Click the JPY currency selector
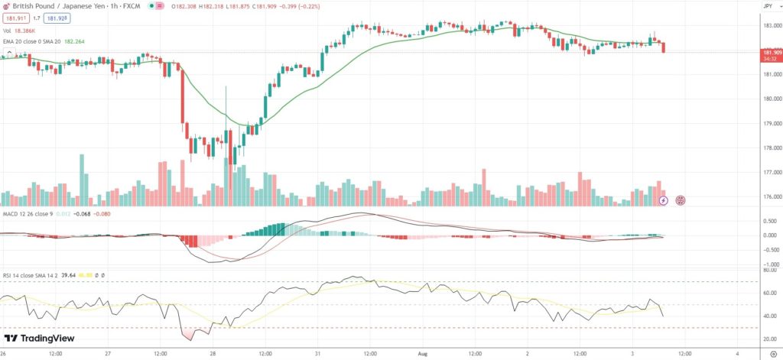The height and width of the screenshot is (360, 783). click(768, 6)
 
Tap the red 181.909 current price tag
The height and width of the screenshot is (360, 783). click(768, 52)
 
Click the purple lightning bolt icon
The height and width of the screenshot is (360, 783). click(663, 200)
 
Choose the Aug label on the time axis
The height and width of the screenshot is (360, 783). click(422, 354)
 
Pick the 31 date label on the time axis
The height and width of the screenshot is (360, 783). click(317, 354)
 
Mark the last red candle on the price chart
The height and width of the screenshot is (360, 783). click(664, 47)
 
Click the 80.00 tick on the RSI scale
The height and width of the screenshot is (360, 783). click(767, 271)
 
